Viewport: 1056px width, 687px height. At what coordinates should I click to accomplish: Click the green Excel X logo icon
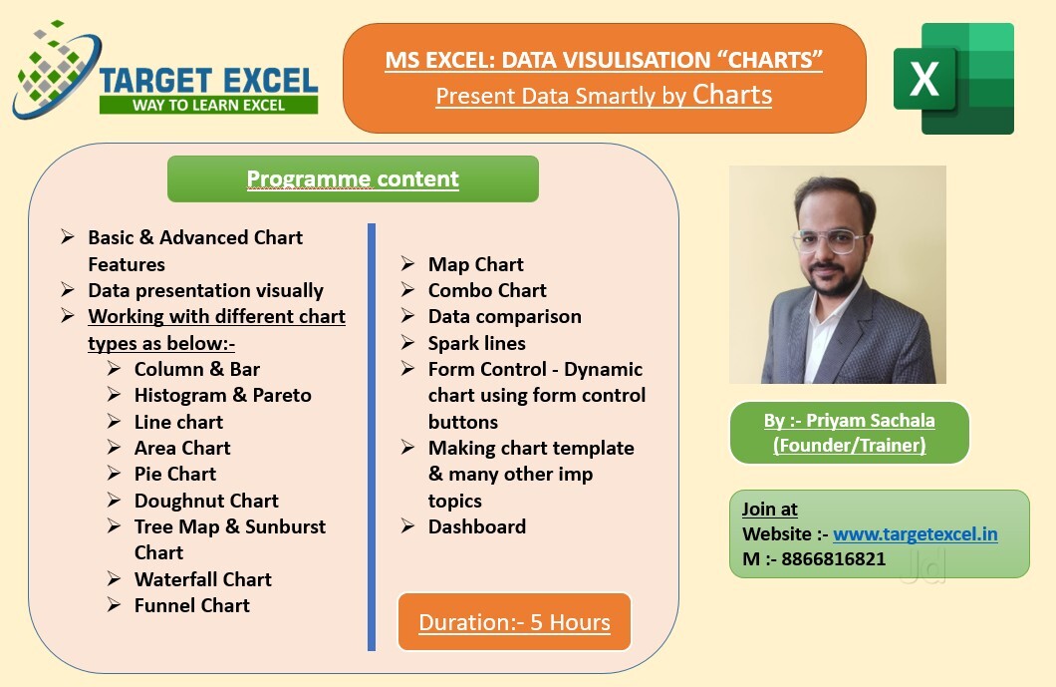click(x=953, y=78)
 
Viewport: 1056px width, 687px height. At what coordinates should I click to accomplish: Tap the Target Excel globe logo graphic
click(x=57, y=71)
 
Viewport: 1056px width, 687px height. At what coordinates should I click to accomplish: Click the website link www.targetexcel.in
click(x=916, y=534)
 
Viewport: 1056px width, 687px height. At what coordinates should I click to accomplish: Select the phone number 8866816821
click(x=833, y=559)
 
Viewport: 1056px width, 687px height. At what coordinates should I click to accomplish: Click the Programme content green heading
click(x=353, y=178)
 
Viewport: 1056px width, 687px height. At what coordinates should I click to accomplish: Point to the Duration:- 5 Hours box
click(x=514, y=621)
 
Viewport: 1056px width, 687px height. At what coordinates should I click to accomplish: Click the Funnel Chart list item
click(x=192, y=605)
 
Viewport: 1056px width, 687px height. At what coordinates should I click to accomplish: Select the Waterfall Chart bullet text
click(x=202, y=579)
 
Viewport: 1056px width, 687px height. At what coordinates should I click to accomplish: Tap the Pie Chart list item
click(x=175, y=474)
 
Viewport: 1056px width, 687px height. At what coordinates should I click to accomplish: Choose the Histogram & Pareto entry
click(x=223, y=395)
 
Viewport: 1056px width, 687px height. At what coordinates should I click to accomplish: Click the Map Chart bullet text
click(x=475, y=264)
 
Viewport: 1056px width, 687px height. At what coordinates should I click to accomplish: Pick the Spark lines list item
click(x=477, y=343)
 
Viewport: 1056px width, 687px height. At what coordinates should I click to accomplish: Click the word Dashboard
click(x=477, y=526)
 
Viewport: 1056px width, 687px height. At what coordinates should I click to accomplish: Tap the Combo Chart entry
click(x=487, y=290)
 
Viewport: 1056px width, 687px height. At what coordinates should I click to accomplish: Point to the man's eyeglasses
click(x=829, y=240)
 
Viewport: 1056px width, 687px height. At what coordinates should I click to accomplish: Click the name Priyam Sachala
click(x=870, y=420)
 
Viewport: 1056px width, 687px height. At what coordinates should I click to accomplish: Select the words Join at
click(x=770, y=509)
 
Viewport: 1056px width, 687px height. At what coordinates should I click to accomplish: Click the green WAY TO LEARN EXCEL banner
click(x=208, y=105)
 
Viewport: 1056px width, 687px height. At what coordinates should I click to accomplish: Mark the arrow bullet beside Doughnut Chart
click(x=114, y=501)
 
